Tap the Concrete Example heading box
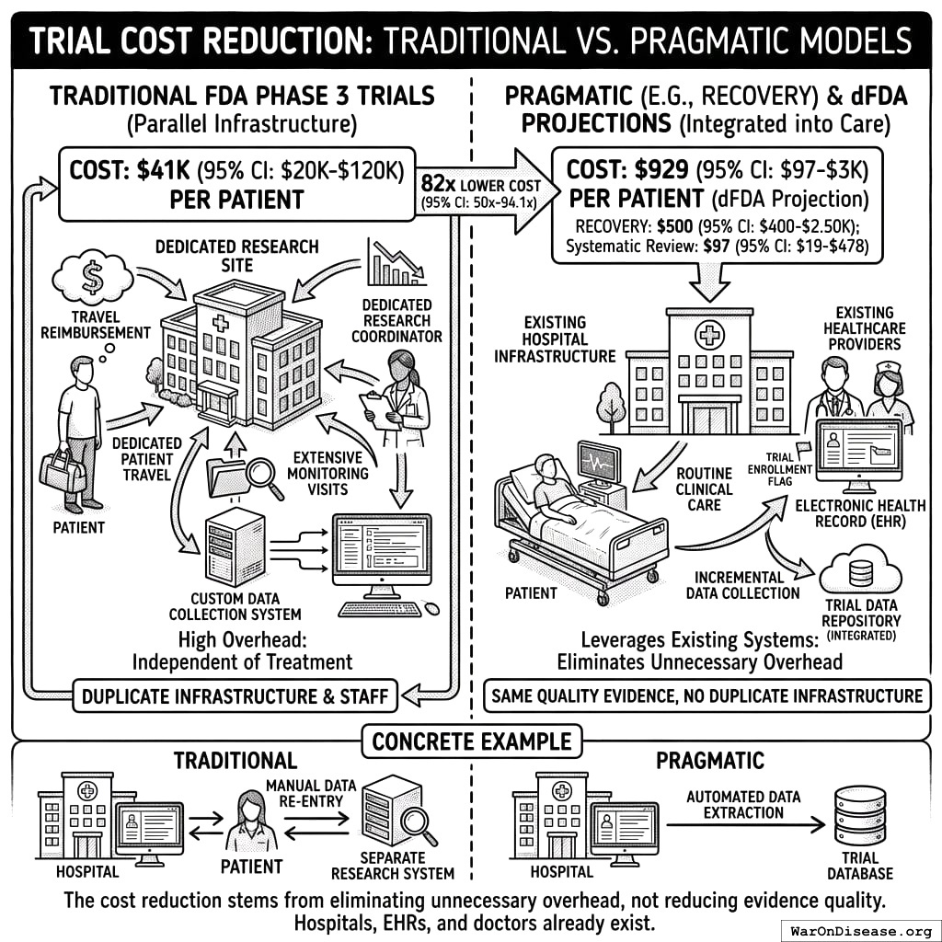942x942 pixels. [x=472, y=741]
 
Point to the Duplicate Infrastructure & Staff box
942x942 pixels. [x=235, y=696]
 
